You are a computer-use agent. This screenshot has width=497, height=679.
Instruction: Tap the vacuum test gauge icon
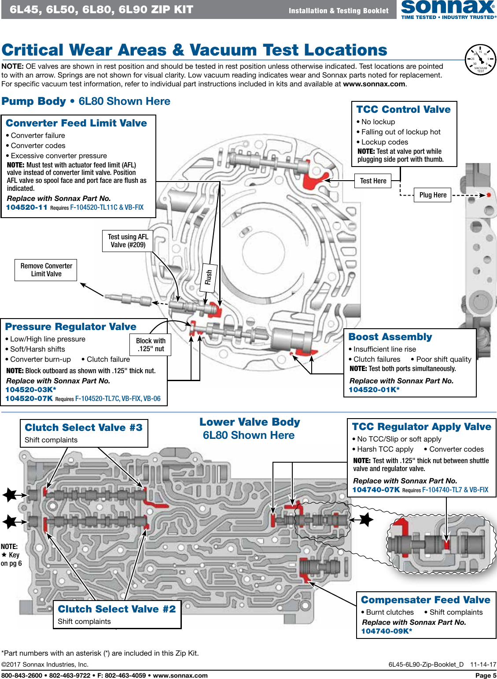[480, 60]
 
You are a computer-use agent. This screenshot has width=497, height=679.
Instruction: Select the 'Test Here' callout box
[373, 181]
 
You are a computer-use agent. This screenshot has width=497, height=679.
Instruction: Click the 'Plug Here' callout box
[433, 195]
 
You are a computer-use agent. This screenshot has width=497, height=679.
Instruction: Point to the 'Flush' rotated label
[209, 278]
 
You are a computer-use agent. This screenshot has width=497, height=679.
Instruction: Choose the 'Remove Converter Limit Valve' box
[46, 270]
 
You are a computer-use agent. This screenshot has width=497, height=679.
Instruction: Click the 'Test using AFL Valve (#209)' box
[128, 241]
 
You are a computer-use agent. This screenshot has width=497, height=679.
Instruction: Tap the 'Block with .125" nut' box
[151, 345]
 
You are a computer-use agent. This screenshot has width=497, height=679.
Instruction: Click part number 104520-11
[26, 207]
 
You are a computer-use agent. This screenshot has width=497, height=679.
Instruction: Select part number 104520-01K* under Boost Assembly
[374, 390]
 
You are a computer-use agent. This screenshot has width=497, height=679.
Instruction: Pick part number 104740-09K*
[387, 631]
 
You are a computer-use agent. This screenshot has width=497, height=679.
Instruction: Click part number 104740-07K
[376, 490]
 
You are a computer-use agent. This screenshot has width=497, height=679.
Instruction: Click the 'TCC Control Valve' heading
[403, 109]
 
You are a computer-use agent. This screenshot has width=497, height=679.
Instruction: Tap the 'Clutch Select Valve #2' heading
[117, 609]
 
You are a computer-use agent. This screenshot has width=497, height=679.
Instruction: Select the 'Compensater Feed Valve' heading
[425, 600]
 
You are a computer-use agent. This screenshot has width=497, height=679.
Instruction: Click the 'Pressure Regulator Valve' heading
[70, 327]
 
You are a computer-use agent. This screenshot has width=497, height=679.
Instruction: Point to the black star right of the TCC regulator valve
[365, 520]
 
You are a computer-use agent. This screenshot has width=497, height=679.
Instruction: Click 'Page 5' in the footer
[486, 675]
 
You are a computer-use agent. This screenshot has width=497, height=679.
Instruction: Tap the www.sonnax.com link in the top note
[374, 84]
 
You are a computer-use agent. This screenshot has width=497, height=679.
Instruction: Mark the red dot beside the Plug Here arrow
[489, 195]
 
